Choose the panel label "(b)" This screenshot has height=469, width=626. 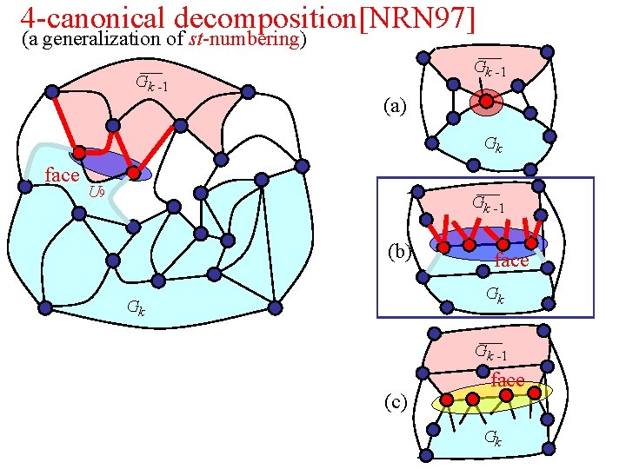point(399,253)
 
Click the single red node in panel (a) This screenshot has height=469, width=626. point(487,102)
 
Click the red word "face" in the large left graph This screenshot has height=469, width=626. point(62,175)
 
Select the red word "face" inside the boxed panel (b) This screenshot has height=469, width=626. point(511,260)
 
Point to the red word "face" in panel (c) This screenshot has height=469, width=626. point(508,380)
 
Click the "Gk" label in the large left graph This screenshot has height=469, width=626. point(136,306)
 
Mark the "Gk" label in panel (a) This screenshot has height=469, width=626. point(492,145)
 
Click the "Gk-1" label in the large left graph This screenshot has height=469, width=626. point(150,84)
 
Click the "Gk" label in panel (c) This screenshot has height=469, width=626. point(492,437)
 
